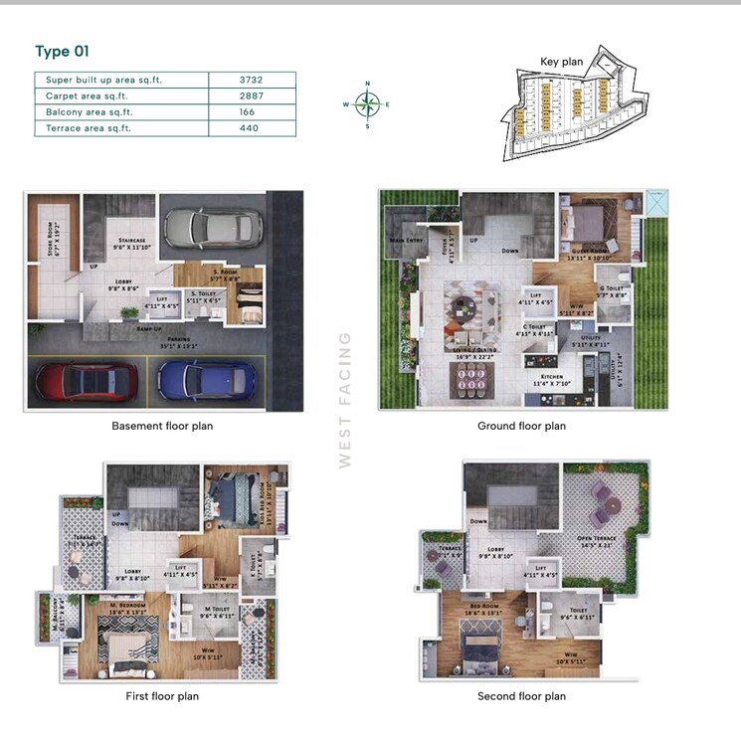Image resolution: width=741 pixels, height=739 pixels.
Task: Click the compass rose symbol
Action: click(368, 103)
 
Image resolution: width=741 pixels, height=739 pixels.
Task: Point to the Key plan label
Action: click(561, 62)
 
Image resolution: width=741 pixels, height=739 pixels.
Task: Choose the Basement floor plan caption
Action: click(162, 427)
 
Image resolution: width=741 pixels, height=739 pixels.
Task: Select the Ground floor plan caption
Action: click(521, 427)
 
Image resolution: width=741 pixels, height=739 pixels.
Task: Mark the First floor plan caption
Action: click(162, 696)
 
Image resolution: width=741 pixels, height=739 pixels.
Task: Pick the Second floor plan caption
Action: click(521, 696)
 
